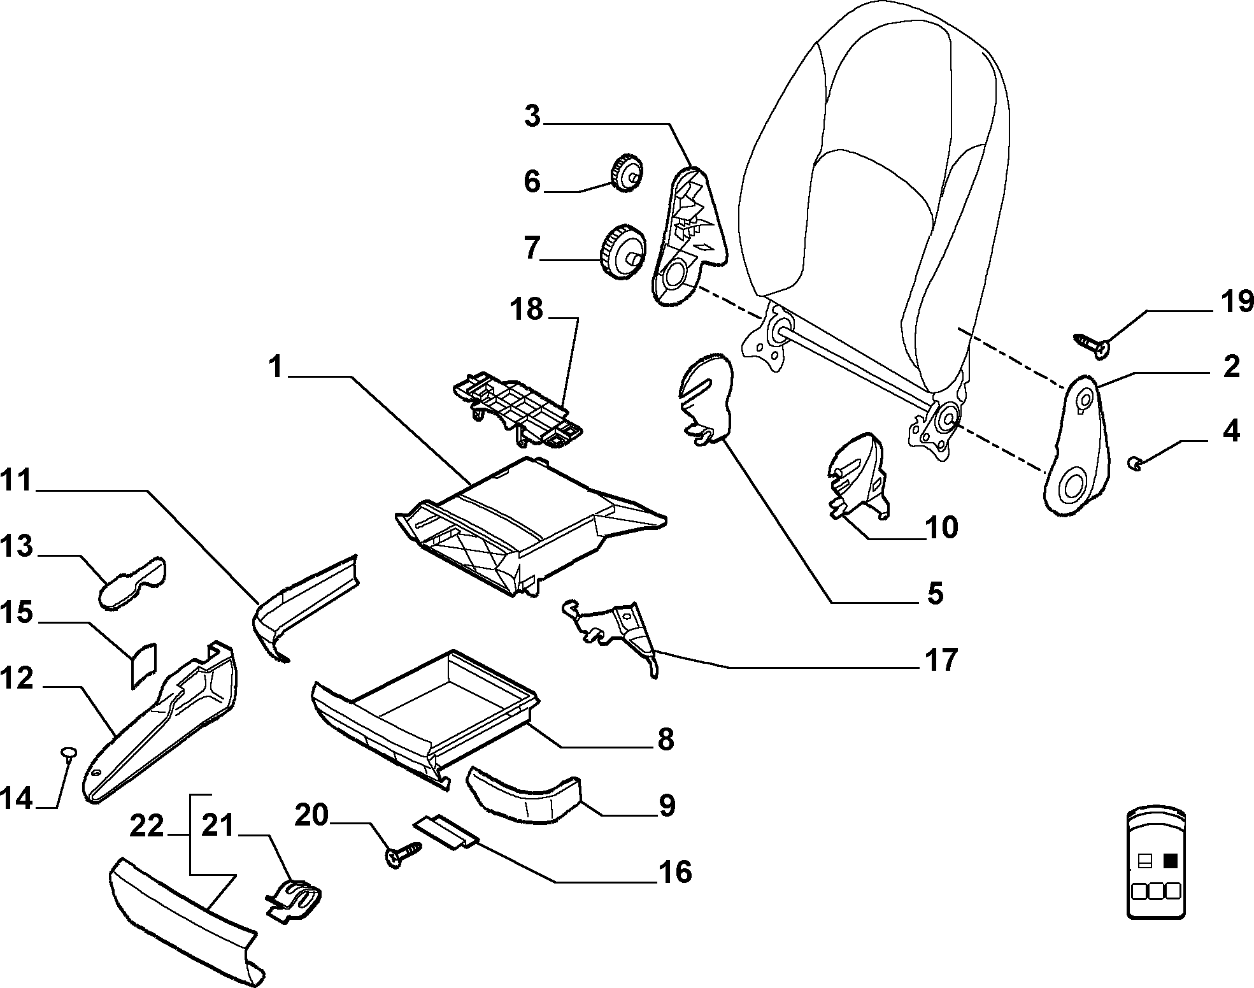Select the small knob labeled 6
627,172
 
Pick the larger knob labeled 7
623,251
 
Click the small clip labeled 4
1134,463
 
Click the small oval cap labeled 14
69,753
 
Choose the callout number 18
526,310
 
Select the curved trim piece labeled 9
524,794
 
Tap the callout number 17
941,660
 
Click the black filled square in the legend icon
1171,861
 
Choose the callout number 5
935,594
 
